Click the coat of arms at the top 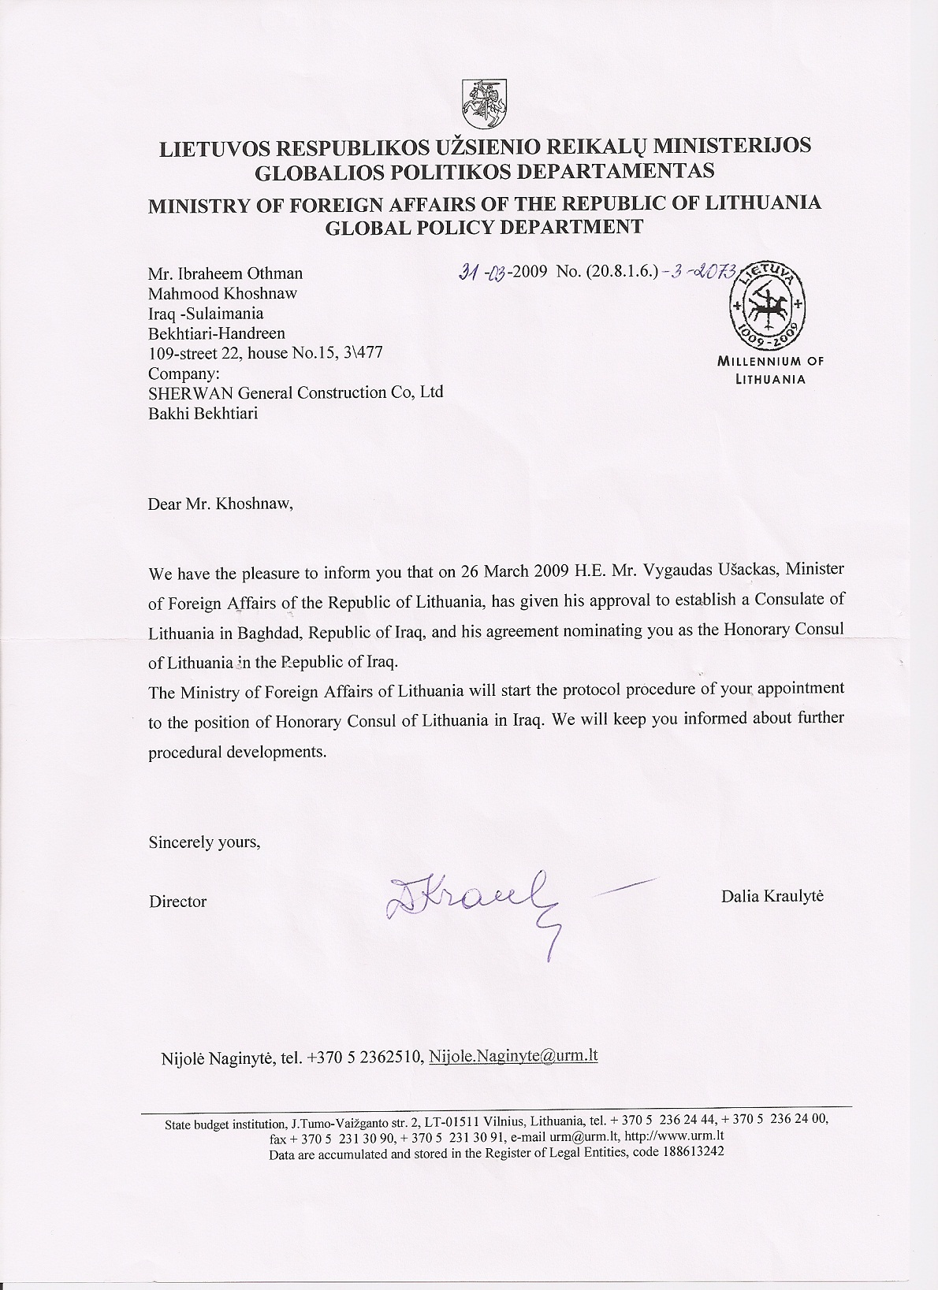pyautogui.click(x=482, y=103)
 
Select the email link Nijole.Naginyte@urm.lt pyautogui.click(x=513, y=1056)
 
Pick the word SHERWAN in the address pyautogui.click(x=190, y=392)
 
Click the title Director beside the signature pyautogui.click(x=178, y=902)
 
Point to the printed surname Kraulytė pyautogui.click(x=795, y=896)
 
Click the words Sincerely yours pyautogui.click(x=204, y=842)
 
